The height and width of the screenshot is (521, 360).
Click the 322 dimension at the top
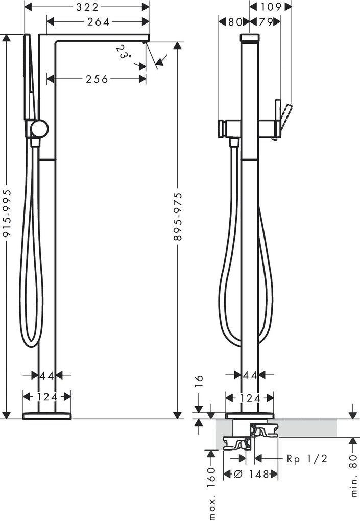[x=87, y=7]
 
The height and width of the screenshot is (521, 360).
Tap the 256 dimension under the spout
[x=97, y=79]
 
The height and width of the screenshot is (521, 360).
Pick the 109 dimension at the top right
[x=271, y=7]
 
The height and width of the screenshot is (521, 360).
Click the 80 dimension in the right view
[x=234, y=21]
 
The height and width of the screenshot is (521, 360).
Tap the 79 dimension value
[x=265, y=21]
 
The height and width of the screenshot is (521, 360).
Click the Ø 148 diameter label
[x=251, y=474]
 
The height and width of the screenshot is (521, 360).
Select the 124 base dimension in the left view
[x=47, y=396]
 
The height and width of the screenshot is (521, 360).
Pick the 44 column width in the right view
[x=250, y=375]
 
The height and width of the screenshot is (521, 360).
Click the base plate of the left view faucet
[x=47, y=414]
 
